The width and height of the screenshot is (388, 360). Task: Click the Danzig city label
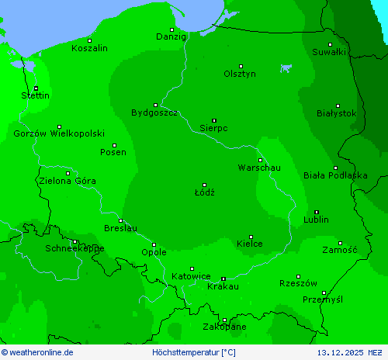tap(171, 36)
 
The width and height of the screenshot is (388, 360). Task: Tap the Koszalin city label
tap(89, 48)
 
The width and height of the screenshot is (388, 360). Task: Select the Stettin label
tap(36, 95)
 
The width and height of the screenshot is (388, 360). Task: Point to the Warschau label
tap(259, 168)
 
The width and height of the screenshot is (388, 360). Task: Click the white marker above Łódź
tap(205, 185)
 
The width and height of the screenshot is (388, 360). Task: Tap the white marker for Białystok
tap(338, 106)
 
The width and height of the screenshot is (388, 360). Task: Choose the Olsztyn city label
tap(240, 74)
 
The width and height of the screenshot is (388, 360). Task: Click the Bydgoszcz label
tap(154, 112)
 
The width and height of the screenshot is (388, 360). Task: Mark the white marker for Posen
tap(114, 145)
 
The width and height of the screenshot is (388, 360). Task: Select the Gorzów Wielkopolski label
tap(59, 133)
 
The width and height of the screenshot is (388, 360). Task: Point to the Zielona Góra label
tap(67, 181)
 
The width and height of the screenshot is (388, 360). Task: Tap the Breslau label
tap(120, 228)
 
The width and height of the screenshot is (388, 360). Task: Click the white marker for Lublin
tap(317, 212)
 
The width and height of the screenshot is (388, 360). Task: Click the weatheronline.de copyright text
tap(37, 352)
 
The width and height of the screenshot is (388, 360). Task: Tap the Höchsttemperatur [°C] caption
tap(194, 352)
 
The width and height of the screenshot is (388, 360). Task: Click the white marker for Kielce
tap(251, 237)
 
